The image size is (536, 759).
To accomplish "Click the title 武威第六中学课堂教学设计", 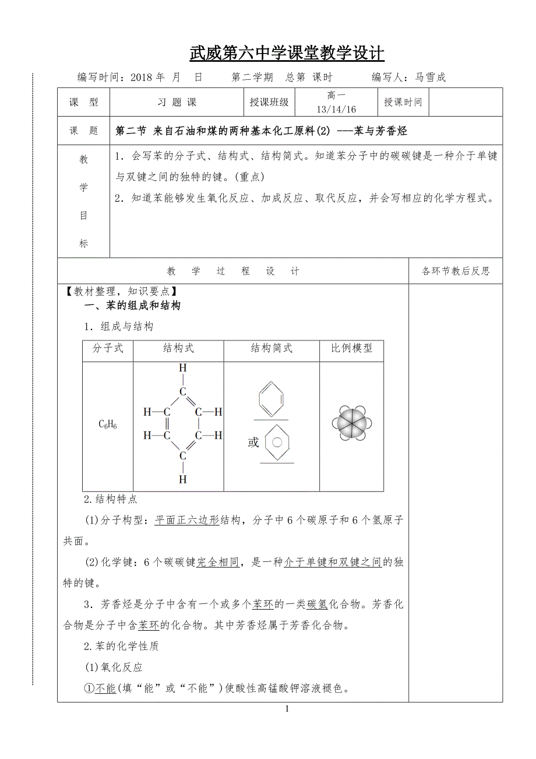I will point(287,54).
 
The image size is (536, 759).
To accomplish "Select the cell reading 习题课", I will point(177,102).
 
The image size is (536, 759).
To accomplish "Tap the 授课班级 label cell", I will point(269,102).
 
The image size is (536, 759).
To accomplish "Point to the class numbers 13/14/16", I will point(336,109).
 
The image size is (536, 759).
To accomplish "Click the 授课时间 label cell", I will point(403,102).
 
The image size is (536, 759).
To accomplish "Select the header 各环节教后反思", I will point(456,270).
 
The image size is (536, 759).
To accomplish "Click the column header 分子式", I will point(108,349).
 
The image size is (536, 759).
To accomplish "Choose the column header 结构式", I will point(178,349).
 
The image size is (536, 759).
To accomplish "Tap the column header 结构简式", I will point(271,349).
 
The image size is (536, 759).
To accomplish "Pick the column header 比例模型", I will point(351,349).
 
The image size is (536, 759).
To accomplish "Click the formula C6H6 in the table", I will point(108,425).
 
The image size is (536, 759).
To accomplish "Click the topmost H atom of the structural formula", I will point(182,368).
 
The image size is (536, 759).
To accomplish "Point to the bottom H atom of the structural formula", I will point(182,479).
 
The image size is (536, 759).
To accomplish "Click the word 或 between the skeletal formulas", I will point(253,442).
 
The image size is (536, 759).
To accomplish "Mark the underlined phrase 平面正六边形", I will point(186,520).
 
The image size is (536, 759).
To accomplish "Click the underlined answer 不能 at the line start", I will point(105,688).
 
